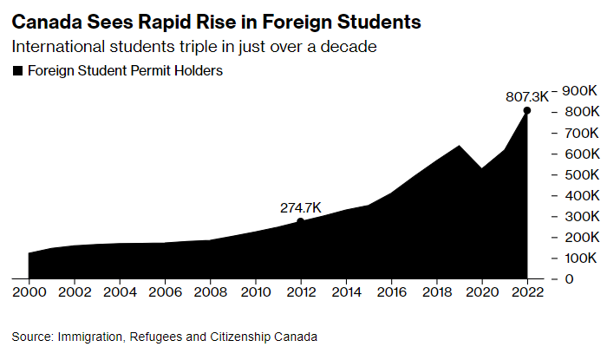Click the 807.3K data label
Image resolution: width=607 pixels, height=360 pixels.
[x=527, y=97]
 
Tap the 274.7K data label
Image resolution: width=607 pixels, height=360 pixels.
[x=300, y=208]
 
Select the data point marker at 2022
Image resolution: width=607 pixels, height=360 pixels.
[x=526, y=111]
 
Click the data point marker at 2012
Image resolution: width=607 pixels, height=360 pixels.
[x=300, y=221]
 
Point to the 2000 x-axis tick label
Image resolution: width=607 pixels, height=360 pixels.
[x=29, y=293]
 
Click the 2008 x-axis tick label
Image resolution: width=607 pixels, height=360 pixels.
[x=210, y=293]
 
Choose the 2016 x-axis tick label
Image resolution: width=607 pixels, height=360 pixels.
[x=391, y=293]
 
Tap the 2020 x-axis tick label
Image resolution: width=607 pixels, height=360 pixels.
[x=481, y=293]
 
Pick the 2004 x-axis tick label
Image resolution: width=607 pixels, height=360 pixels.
[x=120, y=293]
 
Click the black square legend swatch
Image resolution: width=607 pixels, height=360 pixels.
[x=16, y=71]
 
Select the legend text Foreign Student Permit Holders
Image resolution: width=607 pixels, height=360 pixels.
[x=126, y=71]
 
